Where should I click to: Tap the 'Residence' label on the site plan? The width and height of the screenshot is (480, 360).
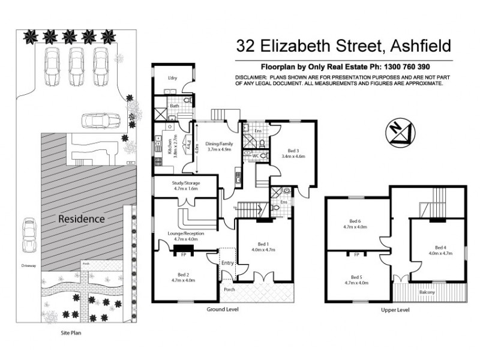81,219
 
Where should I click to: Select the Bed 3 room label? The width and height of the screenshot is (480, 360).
293,151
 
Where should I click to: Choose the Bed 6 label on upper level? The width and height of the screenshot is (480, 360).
359,221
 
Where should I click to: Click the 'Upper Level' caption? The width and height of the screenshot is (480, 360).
395,310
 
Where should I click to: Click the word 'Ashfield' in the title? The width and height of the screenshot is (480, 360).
413,46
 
